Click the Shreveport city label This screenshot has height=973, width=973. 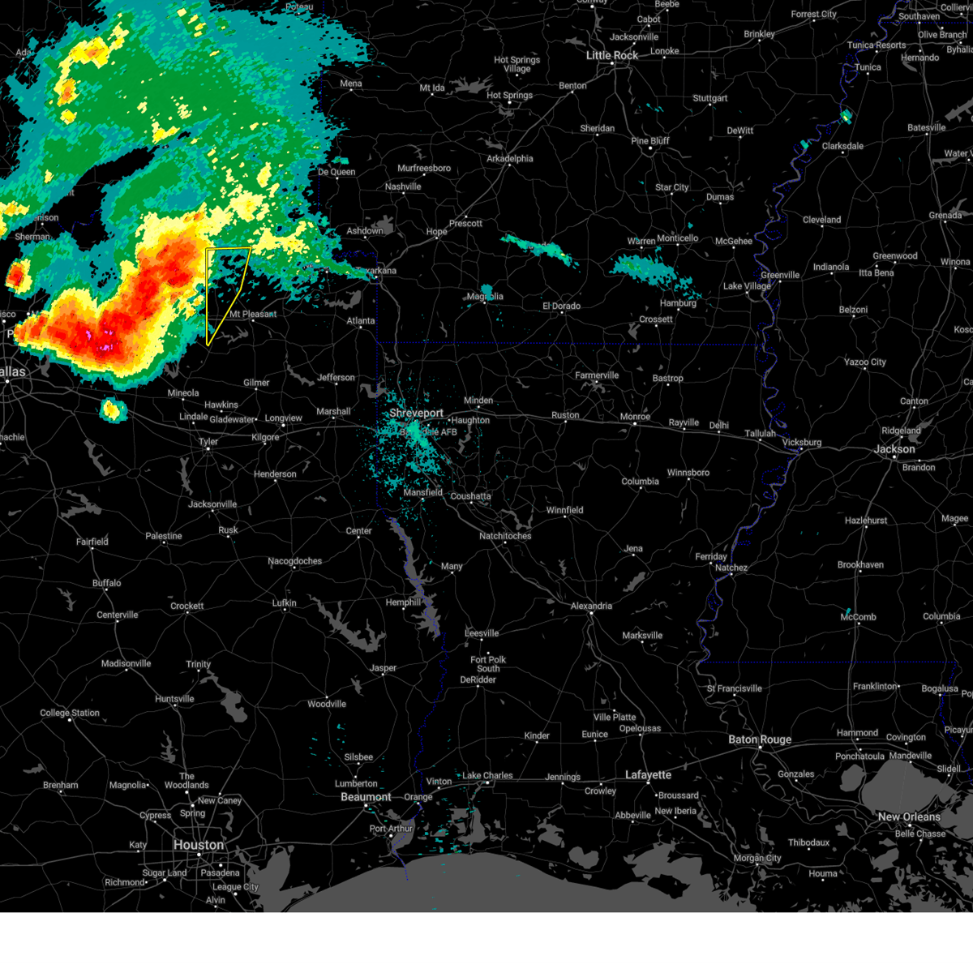[x=416, y=413]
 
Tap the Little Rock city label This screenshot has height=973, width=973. [x=612, y=55]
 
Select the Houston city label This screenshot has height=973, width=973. [x=198, y=845]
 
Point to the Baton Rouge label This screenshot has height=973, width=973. [x=759, y=739]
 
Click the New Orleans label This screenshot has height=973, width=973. [x=909, y=817]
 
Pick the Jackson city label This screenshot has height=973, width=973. [x=894, y=448]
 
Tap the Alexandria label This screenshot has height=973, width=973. [x=591, y=606]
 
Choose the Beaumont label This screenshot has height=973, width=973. [x=366, y=797]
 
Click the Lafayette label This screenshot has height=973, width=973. [x=648, y=775]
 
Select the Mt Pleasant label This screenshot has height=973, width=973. [x=252, y=314]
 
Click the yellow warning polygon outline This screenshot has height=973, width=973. [x=208, y=292]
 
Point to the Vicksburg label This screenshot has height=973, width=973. [x=801, y=442]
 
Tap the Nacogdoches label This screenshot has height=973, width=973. [x=294, y=561]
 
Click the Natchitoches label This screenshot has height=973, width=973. [x=505, y=536]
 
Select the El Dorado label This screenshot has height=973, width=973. [x=561, y=306]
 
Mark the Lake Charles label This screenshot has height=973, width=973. [x=486, y=775]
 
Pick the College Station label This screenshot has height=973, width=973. [x=70, y=714]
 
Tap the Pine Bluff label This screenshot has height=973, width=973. [x=650, y=141]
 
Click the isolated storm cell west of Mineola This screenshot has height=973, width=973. [x=113, y=410]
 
